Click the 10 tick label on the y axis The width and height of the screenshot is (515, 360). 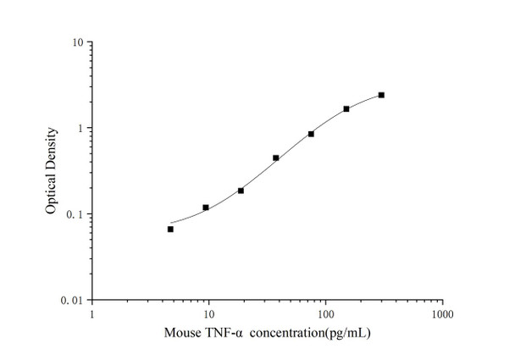click(x=76, y=42)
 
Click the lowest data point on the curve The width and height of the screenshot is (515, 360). click(x=170, y=229)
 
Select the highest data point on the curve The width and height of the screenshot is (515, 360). click(x=381, y=95)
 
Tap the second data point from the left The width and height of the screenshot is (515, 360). click(x=206, y=208)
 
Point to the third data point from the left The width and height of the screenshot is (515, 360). click(x=241, y=191)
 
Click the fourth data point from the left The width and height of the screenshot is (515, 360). click(x=276, y=158)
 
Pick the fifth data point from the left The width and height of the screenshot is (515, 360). click(x=311, y=134)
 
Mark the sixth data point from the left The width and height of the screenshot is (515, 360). click(x=346, y=108)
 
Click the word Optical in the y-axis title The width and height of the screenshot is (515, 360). click(x=53, y=195)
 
